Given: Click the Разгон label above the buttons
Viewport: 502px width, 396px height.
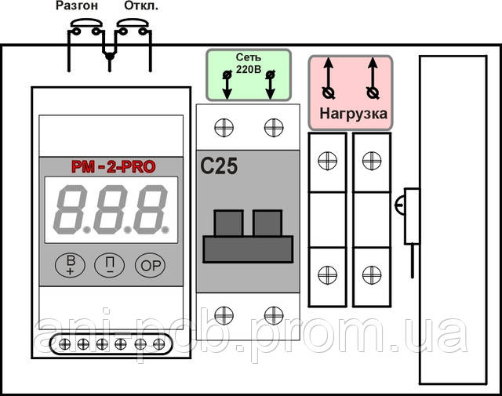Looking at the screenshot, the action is click(x=77, y=6).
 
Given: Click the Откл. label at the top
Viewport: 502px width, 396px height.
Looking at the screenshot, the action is click(x=141, y=5).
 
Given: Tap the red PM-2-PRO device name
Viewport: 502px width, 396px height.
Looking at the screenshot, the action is click(x=113, y=167).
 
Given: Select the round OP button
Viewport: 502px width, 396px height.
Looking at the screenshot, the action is click(x=150, y=265).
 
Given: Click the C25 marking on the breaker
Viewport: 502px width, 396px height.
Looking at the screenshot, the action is click(x=219, y=166).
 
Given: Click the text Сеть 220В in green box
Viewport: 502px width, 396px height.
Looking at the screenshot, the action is click(x=249, y=63).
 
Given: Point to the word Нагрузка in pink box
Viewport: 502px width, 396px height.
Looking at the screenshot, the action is click(x=354, y=114).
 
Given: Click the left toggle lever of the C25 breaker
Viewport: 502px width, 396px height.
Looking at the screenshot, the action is click(x=228, y=223).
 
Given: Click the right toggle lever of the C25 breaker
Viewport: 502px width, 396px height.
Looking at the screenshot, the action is click(x=267, y=223).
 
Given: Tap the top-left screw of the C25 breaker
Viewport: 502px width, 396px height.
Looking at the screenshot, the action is click(x=224, y=127).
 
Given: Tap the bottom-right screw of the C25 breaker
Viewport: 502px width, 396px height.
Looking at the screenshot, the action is click(x=274, y=315).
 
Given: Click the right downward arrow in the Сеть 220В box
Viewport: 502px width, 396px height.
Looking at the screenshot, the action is click(x=270, y=85).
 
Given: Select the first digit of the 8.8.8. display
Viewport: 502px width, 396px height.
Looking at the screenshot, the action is click(x=71, y=209).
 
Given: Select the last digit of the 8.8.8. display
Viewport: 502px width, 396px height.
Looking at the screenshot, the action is click(x=150, y=209).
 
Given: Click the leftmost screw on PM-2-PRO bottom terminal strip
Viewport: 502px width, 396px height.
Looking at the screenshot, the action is click(x=64, y=344).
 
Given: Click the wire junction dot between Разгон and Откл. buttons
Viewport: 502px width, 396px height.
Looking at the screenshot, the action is click(x=110, y=57).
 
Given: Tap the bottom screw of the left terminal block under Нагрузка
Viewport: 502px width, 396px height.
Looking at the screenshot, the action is click(x=328, y=275).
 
